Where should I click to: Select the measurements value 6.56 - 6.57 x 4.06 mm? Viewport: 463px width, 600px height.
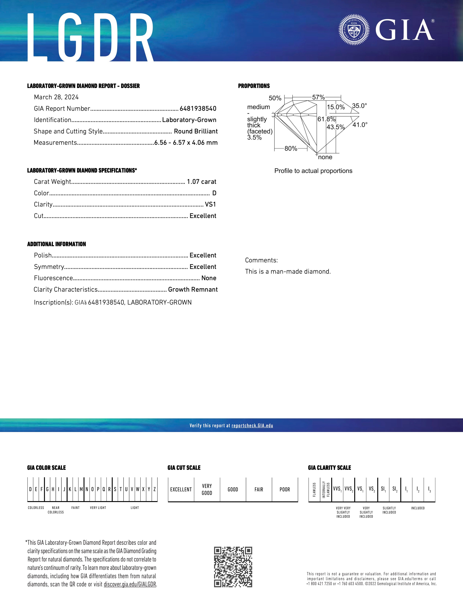[186, 143]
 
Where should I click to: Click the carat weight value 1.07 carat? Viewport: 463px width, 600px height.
[201, 182]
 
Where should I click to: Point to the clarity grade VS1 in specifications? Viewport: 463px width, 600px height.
[210, 204]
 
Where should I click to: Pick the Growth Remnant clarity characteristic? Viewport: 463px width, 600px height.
[193, 290]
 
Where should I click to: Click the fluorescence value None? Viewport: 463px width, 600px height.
[209, 278]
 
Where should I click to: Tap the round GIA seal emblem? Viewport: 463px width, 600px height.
[354, 29]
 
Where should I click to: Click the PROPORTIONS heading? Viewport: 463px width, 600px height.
[254, 86]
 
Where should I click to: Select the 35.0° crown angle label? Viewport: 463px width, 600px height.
[359, 106]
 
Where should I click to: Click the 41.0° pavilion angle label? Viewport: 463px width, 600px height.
[360, 125]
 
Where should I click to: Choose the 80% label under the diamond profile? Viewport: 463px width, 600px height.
[291, 149]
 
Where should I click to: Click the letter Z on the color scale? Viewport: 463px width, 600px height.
[155, 489]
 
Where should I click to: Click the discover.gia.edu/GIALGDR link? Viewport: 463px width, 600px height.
[130, 584]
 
